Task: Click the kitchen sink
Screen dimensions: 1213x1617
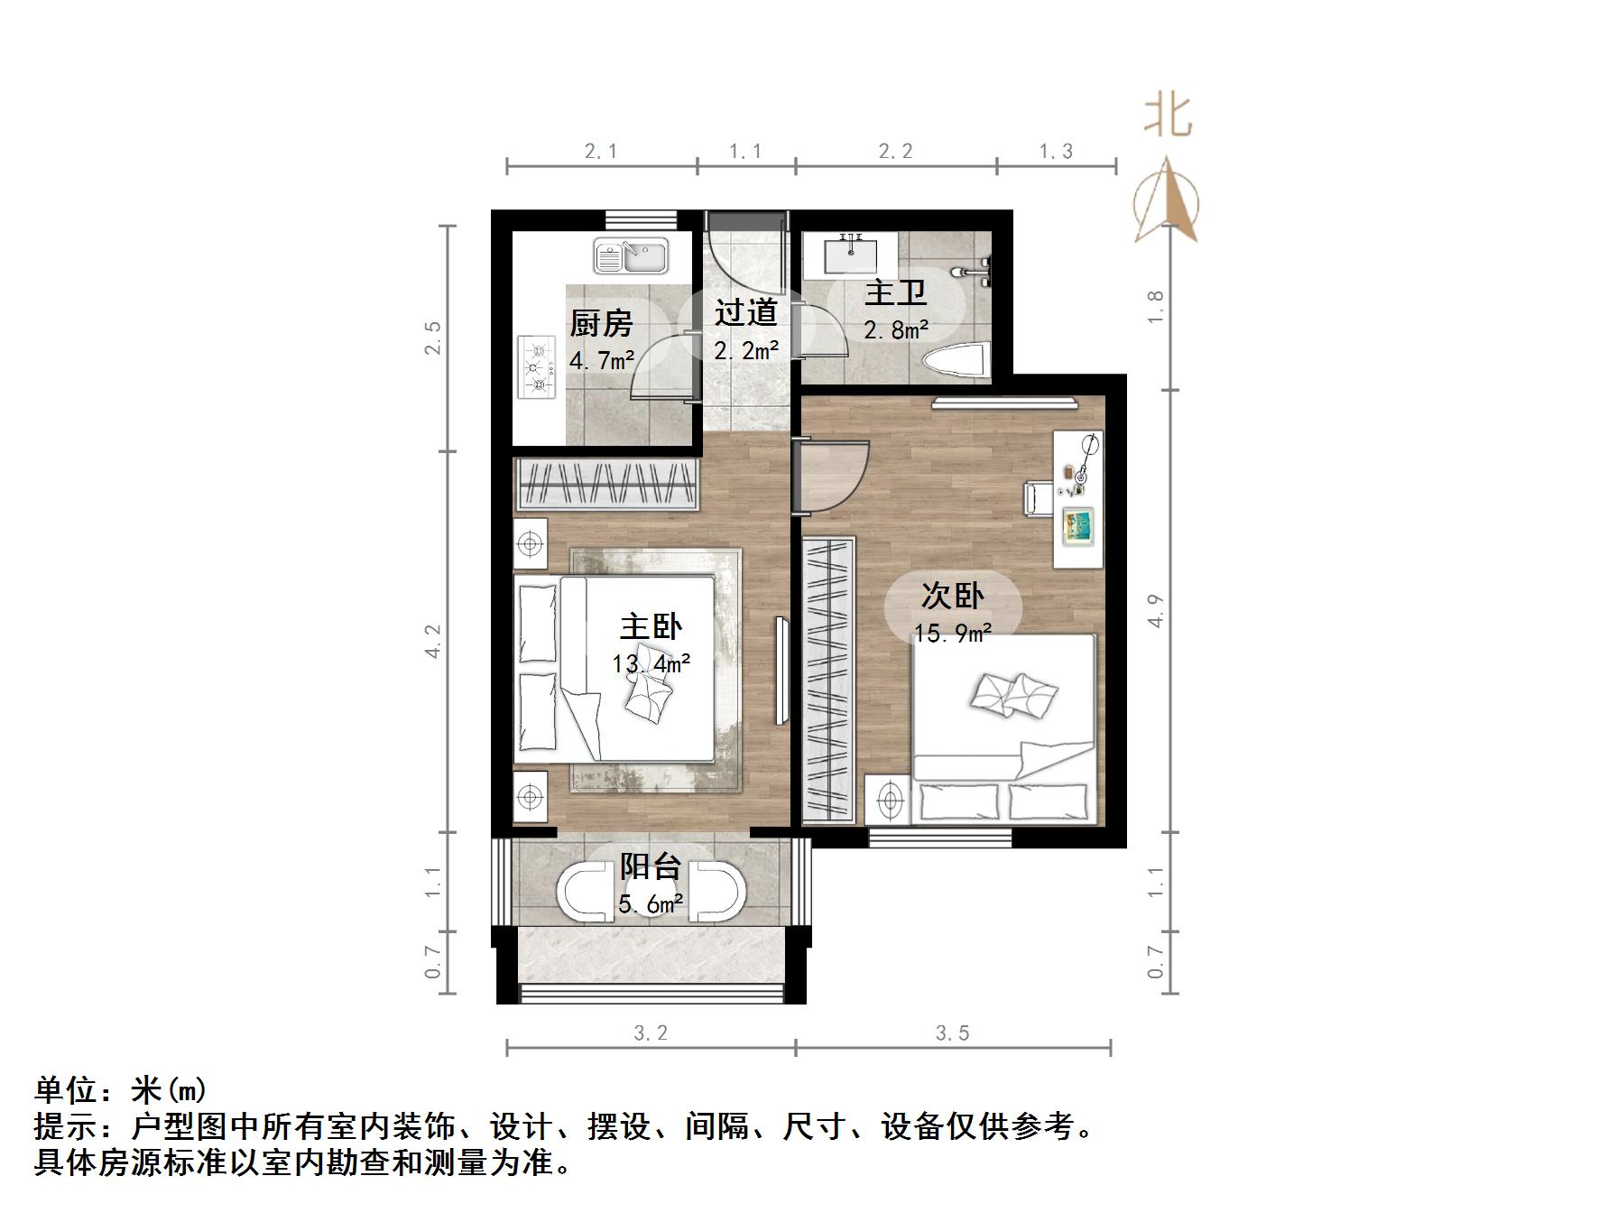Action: pos(630,256)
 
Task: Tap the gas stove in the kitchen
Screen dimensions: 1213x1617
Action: pos(538,367)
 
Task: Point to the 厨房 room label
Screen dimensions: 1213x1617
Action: pos(601,323)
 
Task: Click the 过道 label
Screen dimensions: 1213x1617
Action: pos(745,312)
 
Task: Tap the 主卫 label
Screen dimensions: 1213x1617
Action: pos(895,294)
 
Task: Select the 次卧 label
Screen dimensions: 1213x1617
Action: pos(952,596)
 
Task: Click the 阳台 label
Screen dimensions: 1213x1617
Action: pos(650,866)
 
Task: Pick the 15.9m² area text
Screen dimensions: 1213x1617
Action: pos(952,633)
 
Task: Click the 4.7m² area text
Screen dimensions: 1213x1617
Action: pos(601,361)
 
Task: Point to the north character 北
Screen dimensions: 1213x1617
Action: pos(1168,116)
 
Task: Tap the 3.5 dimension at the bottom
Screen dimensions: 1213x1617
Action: pos(952,1032)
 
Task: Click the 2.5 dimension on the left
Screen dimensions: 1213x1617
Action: pos(434,338)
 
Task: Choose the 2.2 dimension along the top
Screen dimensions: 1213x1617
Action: pos(895,151)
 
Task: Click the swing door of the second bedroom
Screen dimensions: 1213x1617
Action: pos(832,477)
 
